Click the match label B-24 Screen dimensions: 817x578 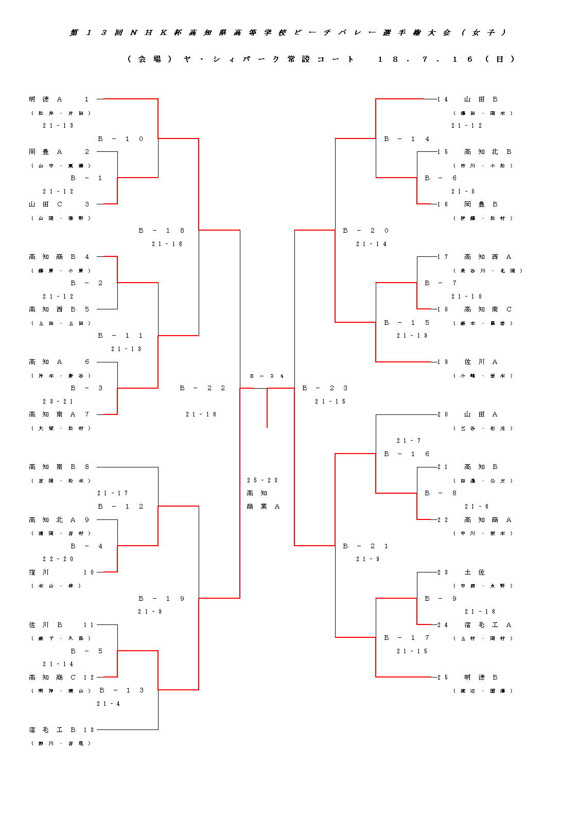(x=267, y=376)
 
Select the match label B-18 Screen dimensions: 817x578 (x=161, y=231)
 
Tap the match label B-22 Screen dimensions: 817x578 (x=202, y=388)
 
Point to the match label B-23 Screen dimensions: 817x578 (x=325, y=388)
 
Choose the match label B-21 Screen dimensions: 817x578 (x=365, y=546)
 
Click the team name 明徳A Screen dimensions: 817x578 (x=45, y=99)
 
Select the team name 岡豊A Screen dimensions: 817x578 (x=45, y=152)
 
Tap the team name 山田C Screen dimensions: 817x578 (x=45, y=204)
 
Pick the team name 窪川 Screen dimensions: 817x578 (x=39, y=572)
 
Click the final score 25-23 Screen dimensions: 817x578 (x=262, y=480)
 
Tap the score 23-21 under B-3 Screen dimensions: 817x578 (x=58, y=402)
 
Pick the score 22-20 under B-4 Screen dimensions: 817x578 (x=58, y=559)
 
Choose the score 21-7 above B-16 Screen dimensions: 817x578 (x=409, y=441)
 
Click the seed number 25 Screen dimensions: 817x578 (x=443, y=677)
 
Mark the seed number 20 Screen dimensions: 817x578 (x=443, y=414)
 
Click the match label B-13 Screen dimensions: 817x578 (x=121, y=690)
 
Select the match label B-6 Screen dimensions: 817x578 (x=441, y=178)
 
